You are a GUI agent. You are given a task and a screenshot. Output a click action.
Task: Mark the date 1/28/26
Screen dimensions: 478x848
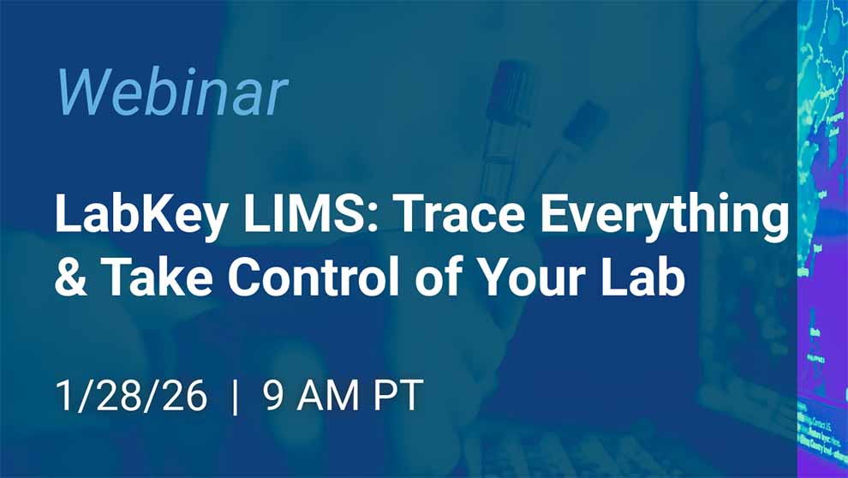(x=131, y=396)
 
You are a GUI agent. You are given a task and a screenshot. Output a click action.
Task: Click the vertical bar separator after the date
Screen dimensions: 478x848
(x=236, y=396)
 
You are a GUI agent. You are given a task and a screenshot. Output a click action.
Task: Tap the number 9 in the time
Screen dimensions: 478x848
(x=274, y=396)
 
